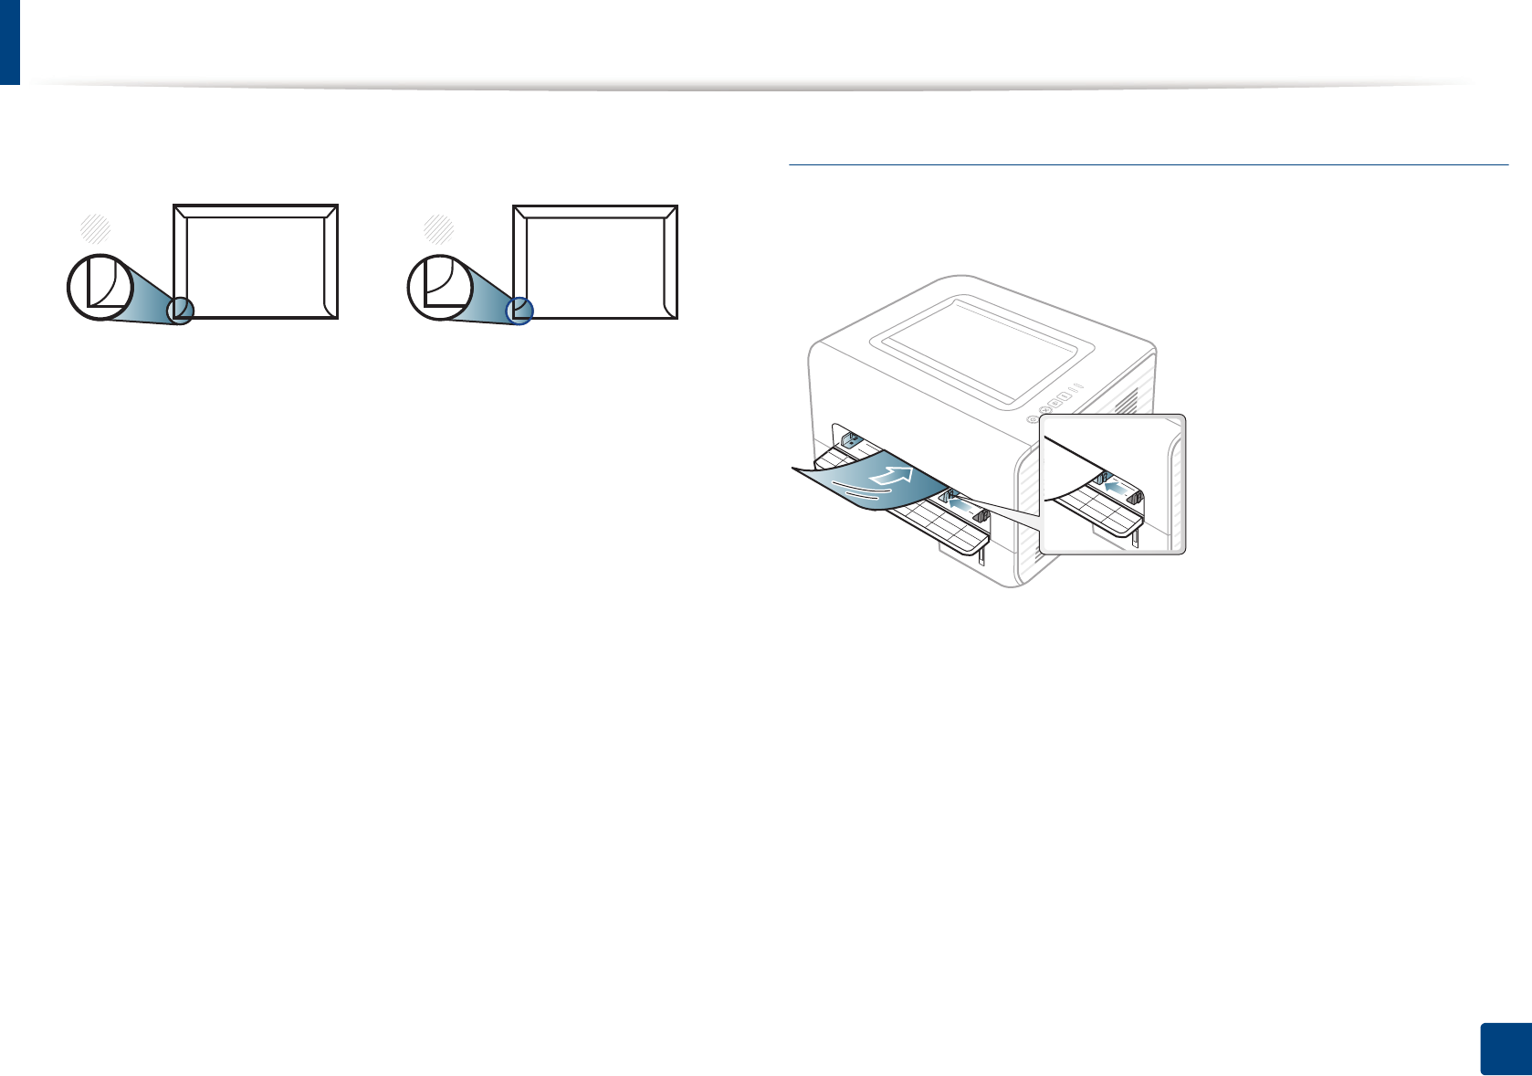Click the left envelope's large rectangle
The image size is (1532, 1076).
[257, 261]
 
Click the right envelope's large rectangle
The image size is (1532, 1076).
[595, 261]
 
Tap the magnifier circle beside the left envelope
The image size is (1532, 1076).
[100, 287]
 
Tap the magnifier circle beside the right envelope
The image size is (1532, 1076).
[439, 287]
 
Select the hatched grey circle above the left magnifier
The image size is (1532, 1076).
[96, 228]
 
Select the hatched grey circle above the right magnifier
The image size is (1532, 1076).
[438, 228]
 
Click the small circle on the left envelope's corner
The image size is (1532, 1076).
[180, 311]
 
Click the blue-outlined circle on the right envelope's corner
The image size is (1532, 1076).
[519, 311]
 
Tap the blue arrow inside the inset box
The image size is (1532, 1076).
[1115, 488]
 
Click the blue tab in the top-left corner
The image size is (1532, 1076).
[9, 41]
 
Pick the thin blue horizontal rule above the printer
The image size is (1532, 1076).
[1148, 165]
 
